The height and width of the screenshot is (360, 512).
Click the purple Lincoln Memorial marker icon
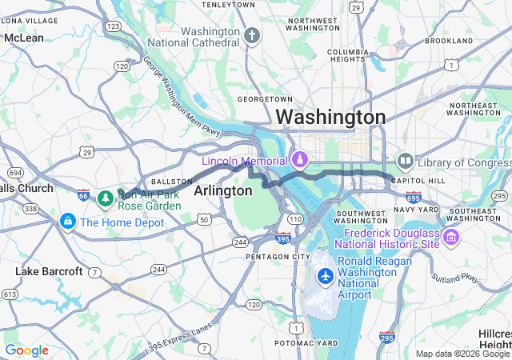(x=300, y=161)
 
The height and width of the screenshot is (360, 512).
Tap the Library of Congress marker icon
(x=405, y=162)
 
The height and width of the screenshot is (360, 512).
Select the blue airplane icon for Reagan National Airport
(x=326, y=276)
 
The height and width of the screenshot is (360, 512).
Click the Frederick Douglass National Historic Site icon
(x=450, y=237)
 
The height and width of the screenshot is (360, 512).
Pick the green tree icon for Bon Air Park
(x=105, y=198)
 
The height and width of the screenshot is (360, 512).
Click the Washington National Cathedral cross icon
(x=253, y=36)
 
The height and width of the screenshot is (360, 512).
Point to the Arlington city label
(x=223, y=190)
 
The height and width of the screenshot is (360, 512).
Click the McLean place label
(x=24, y=38)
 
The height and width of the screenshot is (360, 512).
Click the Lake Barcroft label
(x=49, y=272)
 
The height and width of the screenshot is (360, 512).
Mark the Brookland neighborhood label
(x=449, y=40)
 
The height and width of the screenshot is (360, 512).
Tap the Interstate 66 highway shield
(x=84, y=194)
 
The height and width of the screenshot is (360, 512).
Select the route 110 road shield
(x=295, y=218)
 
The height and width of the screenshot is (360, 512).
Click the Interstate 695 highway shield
(x=413, y=197)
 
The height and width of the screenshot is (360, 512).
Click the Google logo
(x=27, y=350)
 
